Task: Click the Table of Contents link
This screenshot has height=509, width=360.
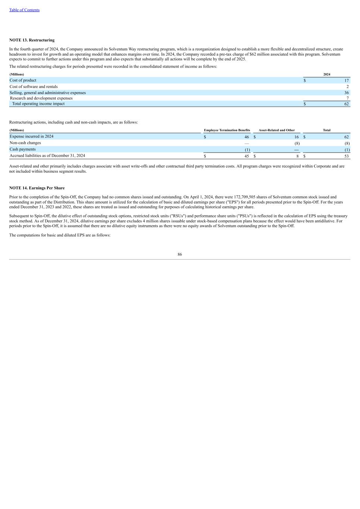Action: (24, 10)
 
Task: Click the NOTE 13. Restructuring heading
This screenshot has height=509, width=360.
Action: (32, 40)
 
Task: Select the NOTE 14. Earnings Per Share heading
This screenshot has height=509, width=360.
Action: (37, 188)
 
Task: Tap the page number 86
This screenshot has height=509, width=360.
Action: (180, 254)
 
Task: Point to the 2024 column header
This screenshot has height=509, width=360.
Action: (326, 75)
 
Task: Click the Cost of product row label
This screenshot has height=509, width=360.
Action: (23, 80)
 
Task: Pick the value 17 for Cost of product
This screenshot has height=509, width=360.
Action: (347, 81)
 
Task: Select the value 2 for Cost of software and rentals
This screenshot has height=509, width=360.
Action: (347, 87)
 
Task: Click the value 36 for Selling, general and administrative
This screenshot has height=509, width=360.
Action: (347, 93)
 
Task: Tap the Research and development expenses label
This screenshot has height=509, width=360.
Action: (41, 98)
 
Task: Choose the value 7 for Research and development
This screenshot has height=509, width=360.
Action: (347, 98)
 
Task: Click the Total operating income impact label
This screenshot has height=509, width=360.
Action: (38, 104)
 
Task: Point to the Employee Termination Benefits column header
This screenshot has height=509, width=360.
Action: (227, 130)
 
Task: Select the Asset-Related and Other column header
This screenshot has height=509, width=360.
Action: (276, 130)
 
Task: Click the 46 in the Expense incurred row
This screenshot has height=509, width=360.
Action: (247, 137)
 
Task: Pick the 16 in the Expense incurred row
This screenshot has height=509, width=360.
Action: (296, 137)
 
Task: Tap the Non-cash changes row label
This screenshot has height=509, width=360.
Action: (25, 143)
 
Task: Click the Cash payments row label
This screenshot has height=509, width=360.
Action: (23, 149)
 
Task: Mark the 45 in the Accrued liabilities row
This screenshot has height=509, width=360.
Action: (247, 156)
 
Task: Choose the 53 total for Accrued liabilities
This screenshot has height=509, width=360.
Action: (347, 156)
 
